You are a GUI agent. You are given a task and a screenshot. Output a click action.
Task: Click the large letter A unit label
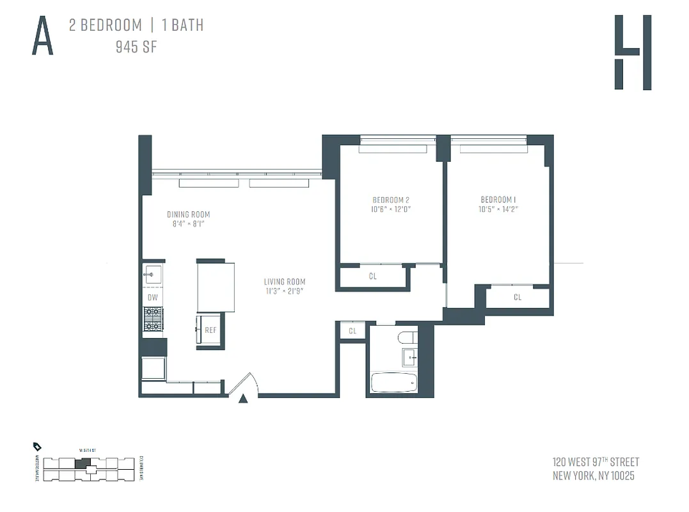coord(42,37)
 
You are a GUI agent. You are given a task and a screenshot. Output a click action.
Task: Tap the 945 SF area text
coord(136,47)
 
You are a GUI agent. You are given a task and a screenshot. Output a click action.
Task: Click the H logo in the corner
coord(632,52)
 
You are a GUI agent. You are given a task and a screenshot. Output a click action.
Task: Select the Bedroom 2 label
coord(391,200)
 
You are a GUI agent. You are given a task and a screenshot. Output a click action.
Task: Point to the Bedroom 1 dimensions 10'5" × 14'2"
coord(498,209)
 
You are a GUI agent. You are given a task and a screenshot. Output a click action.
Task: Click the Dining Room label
coord(188,214)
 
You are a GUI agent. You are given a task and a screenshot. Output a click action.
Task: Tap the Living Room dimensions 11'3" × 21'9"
coord(285,291)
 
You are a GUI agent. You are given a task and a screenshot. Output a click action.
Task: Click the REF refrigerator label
coord(210,330)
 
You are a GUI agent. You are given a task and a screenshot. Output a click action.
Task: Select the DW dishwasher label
coord(152,298)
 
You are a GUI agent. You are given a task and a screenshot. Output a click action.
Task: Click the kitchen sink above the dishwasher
coord(152,275)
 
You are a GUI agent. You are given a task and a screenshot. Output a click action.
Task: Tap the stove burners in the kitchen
coord(153,319)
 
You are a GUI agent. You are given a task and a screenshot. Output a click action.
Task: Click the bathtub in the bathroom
coord(393,383)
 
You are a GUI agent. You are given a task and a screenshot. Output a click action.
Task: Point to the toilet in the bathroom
coord(407,337)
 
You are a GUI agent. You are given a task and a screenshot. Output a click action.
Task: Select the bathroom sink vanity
coord(408,357)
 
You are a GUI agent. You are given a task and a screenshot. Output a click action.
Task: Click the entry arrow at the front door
coord(243,399)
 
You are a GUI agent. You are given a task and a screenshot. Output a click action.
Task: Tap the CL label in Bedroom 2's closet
coord(373,277)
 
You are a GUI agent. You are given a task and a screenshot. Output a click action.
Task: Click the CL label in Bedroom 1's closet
coord(518,297)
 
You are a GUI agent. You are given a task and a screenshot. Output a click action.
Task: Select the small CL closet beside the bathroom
coord(352,331)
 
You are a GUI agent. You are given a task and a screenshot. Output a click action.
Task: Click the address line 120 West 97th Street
coord(595,462)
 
